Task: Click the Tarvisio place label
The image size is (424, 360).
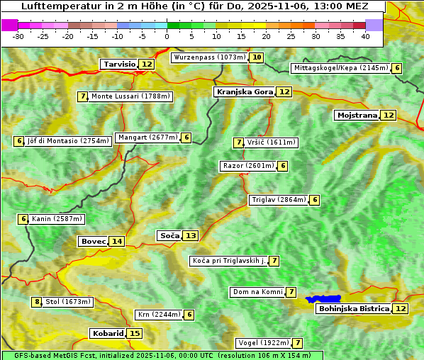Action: coord(119,64)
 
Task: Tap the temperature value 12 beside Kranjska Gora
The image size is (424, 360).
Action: coord(284,91)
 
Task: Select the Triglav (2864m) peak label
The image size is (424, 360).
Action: coord(278,200)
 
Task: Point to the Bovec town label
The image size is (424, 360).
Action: coord(93,241)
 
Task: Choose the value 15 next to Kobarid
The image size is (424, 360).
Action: coord(135,333)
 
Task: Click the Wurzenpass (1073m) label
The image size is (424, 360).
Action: coord(209,57)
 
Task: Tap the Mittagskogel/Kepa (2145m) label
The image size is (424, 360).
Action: coord(340,68)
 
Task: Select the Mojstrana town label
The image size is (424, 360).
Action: coord(357,115)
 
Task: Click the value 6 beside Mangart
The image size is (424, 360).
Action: coord(186,137)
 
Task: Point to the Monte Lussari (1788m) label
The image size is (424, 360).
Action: coord(130,96)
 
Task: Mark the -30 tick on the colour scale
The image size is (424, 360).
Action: coord(18,35)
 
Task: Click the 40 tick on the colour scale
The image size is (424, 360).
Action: coord(365,35)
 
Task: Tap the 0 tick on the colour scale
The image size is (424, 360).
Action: coord(167,35)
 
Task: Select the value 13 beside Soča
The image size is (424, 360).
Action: coord(191,235)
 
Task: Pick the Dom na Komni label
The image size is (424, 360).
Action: coord(257,292)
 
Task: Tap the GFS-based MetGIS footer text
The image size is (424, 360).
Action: coord(50,355)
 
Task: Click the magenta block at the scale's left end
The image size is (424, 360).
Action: coord(10,25)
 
